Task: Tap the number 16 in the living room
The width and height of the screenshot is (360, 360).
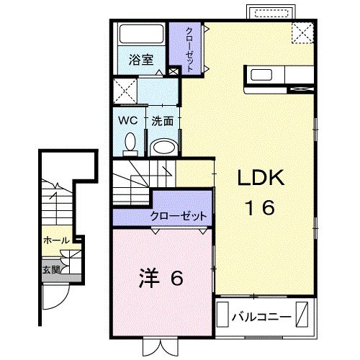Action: (x=257, y=208)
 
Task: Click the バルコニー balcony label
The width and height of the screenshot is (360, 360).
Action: (x=261, y=316)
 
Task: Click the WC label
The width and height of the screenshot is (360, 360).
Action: (x=128, y=120)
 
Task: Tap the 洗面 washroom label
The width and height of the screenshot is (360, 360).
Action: (x=162, y=121)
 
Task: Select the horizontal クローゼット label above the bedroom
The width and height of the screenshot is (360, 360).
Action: (x=179, y=216)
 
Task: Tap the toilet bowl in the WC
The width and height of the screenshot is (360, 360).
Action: (x=130, y=143)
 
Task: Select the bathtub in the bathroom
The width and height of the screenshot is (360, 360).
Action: (x=141, y=35)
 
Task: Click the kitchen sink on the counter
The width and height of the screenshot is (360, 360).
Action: (x=260, y=75)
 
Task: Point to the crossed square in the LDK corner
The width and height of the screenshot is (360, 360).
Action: (x=302, y=33)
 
